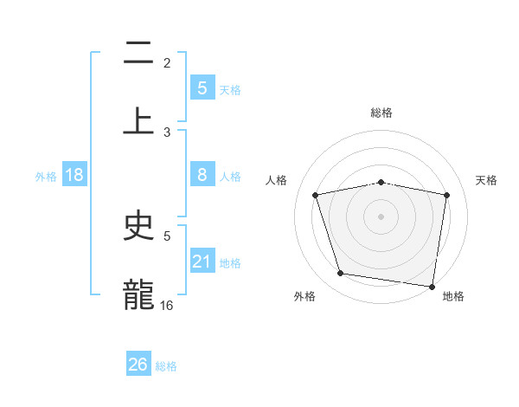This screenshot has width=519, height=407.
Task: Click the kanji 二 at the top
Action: click(x=139, y=54)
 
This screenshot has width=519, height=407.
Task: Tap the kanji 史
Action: click(x=139, y=227)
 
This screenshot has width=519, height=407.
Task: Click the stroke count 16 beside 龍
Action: click(x=167, y=305)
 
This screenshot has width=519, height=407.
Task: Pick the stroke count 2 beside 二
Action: click(x=167, y=62)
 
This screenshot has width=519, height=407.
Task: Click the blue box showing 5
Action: click(x=202, y=87)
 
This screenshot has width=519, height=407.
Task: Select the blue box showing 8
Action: click(x=202, y=175)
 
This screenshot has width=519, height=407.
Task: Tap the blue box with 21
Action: click(x=202, y=261)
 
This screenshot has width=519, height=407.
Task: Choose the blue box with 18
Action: click(x=74, y=175)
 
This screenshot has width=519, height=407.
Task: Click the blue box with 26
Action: click(x=138, y=365)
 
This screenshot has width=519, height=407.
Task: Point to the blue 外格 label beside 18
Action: click(x=46, y=177)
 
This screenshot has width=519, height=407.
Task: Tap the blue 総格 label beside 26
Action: click(x=166, y=366)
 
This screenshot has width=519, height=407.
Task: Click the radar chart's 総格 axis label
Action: click(x=381, y=113)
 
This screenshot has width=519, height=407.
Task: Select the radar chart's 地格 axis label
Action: click(x=453, y=296)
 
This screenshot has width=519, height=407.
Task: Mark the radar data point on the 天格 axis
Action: click(x=446, y=195)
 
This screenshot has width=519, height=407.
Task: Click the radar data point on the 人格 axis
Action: click(x=316, y=195)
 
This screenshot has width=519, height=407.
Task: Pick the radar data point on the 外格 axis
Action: click(x=341, y=274)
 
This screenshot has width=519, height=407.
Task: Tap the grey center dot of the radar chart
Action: click(x=381, y=216)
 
